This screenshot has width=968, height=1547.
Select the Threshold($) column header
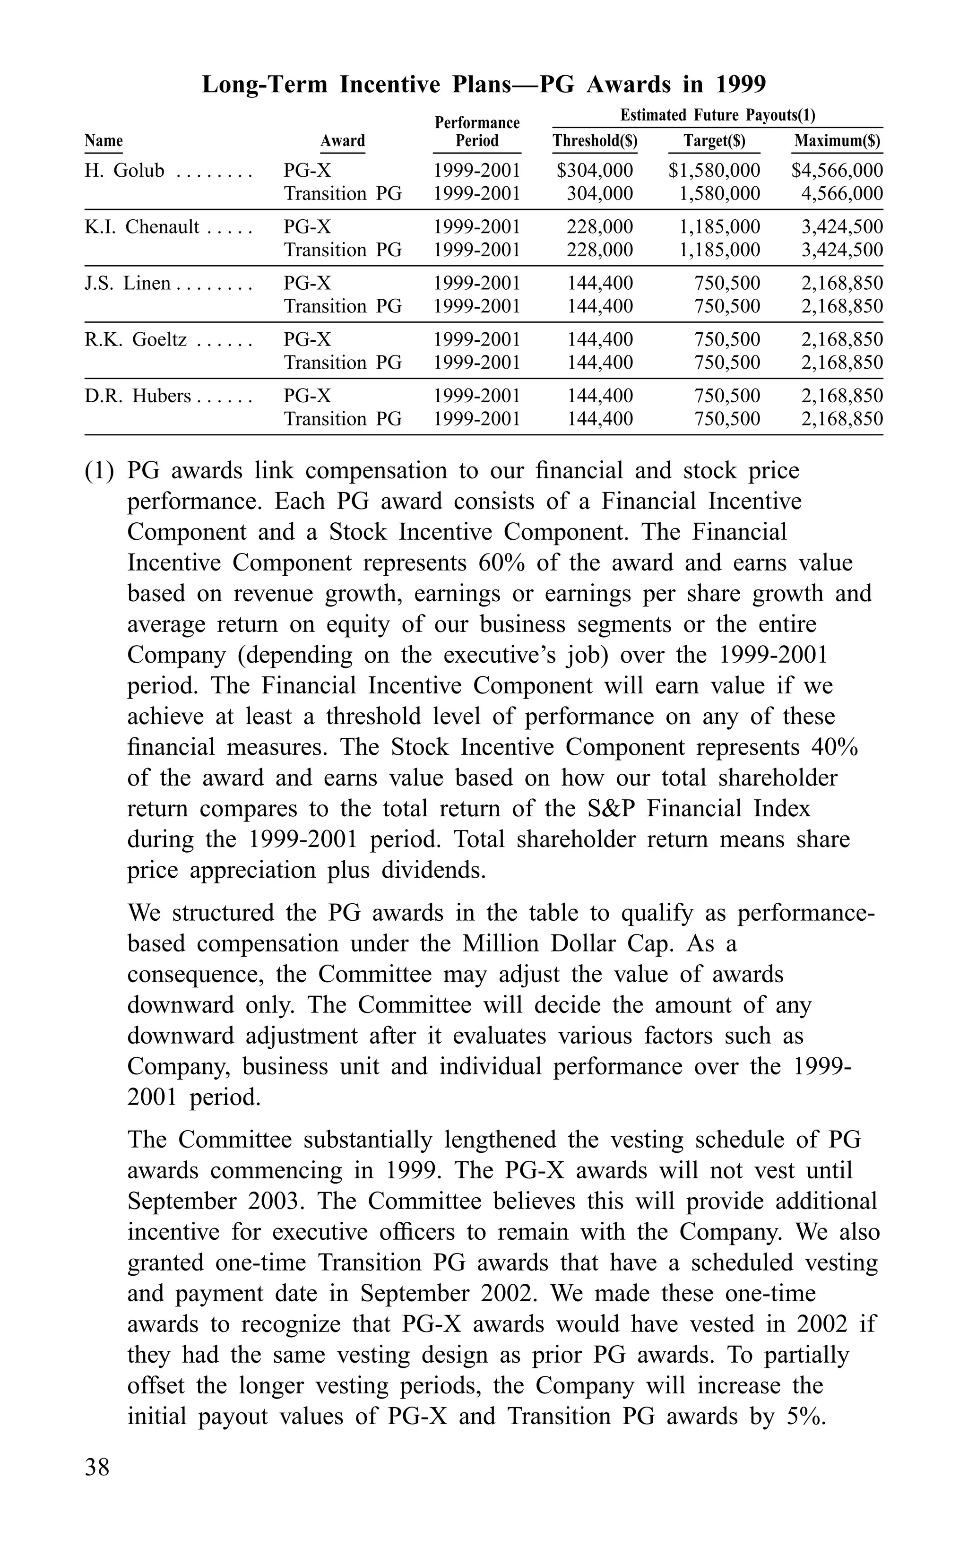point(595,141)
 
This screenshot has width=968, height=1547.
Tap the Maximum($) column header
point(837,141)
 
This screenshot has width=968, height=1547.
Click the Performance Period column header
point(477,131)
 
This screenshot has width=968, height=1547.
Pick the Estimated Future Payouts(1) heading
point(717,115)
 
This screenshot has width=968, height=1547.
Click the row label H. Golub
point(124,171)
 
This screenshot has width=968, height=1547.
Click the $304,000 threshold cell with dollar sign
point(595,171)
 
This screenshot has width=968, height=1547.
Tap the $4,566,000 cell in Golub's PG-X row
point(837,171)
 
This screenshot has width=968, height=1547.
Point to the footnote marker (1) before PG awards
point(99,471)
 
